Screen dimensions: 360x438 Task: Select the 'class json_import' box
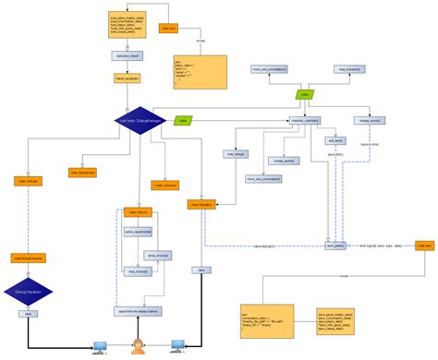125,56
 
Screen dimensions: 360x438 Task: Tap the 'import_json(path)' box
125,78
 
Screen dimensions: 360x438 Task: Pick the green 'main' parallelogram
304,94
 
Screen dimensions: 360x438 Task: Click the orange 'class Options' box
136,212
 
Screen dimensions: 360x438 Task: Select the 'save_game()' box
335,246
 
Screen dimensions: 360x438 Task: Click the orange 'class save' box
424,246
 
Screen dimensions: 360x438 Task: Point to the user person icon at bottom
139,347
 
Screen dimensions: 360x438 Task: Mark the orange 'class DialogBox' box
201,203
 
